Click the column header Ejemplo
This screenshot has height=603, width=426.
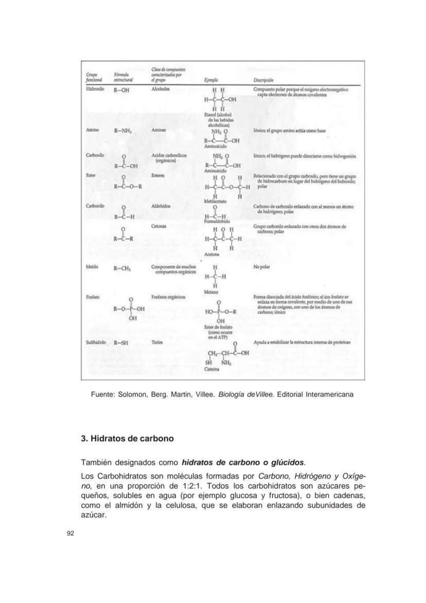pyautogui.click(x=211, y=80)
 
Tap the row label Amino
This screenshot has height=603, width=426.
pyautogui.click(x=93, y=131)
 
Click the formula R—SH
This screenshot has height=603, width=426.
pyautogui.click(x=121, y=342)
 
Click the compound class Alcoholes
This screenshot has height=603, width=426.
pyautogui.click(x=161, y=89)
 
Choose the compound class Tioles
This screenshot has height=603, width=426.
pyautogui.click(x=157, y=342)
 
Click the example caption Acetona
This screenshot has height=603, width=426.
pyautogui.click(x=211, y=254)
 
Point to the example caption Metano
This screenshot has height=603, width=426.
pyautogui.click(x=211, y=291)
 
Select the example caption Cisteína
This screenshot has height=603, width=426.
pyautogui.click(x=212, y=369)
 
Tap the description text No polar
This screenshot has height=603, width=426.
pyautogui.click(x=262, y=267)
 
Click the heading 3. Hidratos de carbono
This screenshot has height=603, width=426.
pyautogui.click(x=128, y=439)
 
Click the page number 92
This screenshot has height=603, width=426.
pyautogui.click(x=71, y=533)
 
